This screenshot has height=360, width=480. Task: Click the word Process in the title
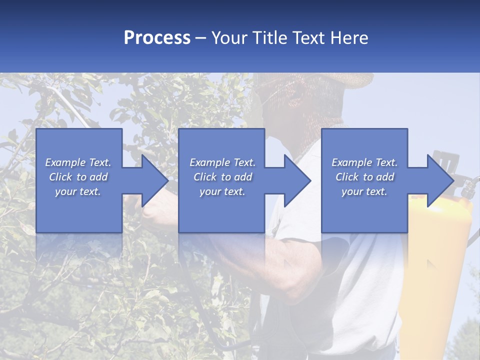click(x=157, y=37)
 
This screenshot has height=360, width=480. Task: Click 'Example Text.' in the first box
click(x=78, y=162)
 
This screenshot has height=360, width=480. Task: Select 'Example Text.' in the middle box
click(x=222, y=162)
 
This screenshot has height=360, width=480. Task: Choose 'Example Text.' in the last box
click(x=364, y=162)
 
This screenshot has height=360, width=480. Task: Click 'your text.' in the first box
click(x=78, y=191)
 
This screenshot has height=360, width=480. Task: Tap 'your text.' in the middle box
click(x=222, y=191)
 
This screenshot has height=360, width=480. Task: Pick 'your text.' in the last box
click(x=364, y=191)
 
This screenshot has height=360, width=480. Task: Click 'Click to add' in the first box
click(x=78, y=177)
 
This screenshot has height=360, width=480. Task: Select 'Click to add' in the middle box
click(x=222, y=177)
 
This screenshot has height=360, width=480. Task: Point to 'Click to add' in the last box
click(x=364, y=177)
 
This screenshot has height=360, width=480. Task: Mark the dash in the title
click(x=201, y=38)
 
